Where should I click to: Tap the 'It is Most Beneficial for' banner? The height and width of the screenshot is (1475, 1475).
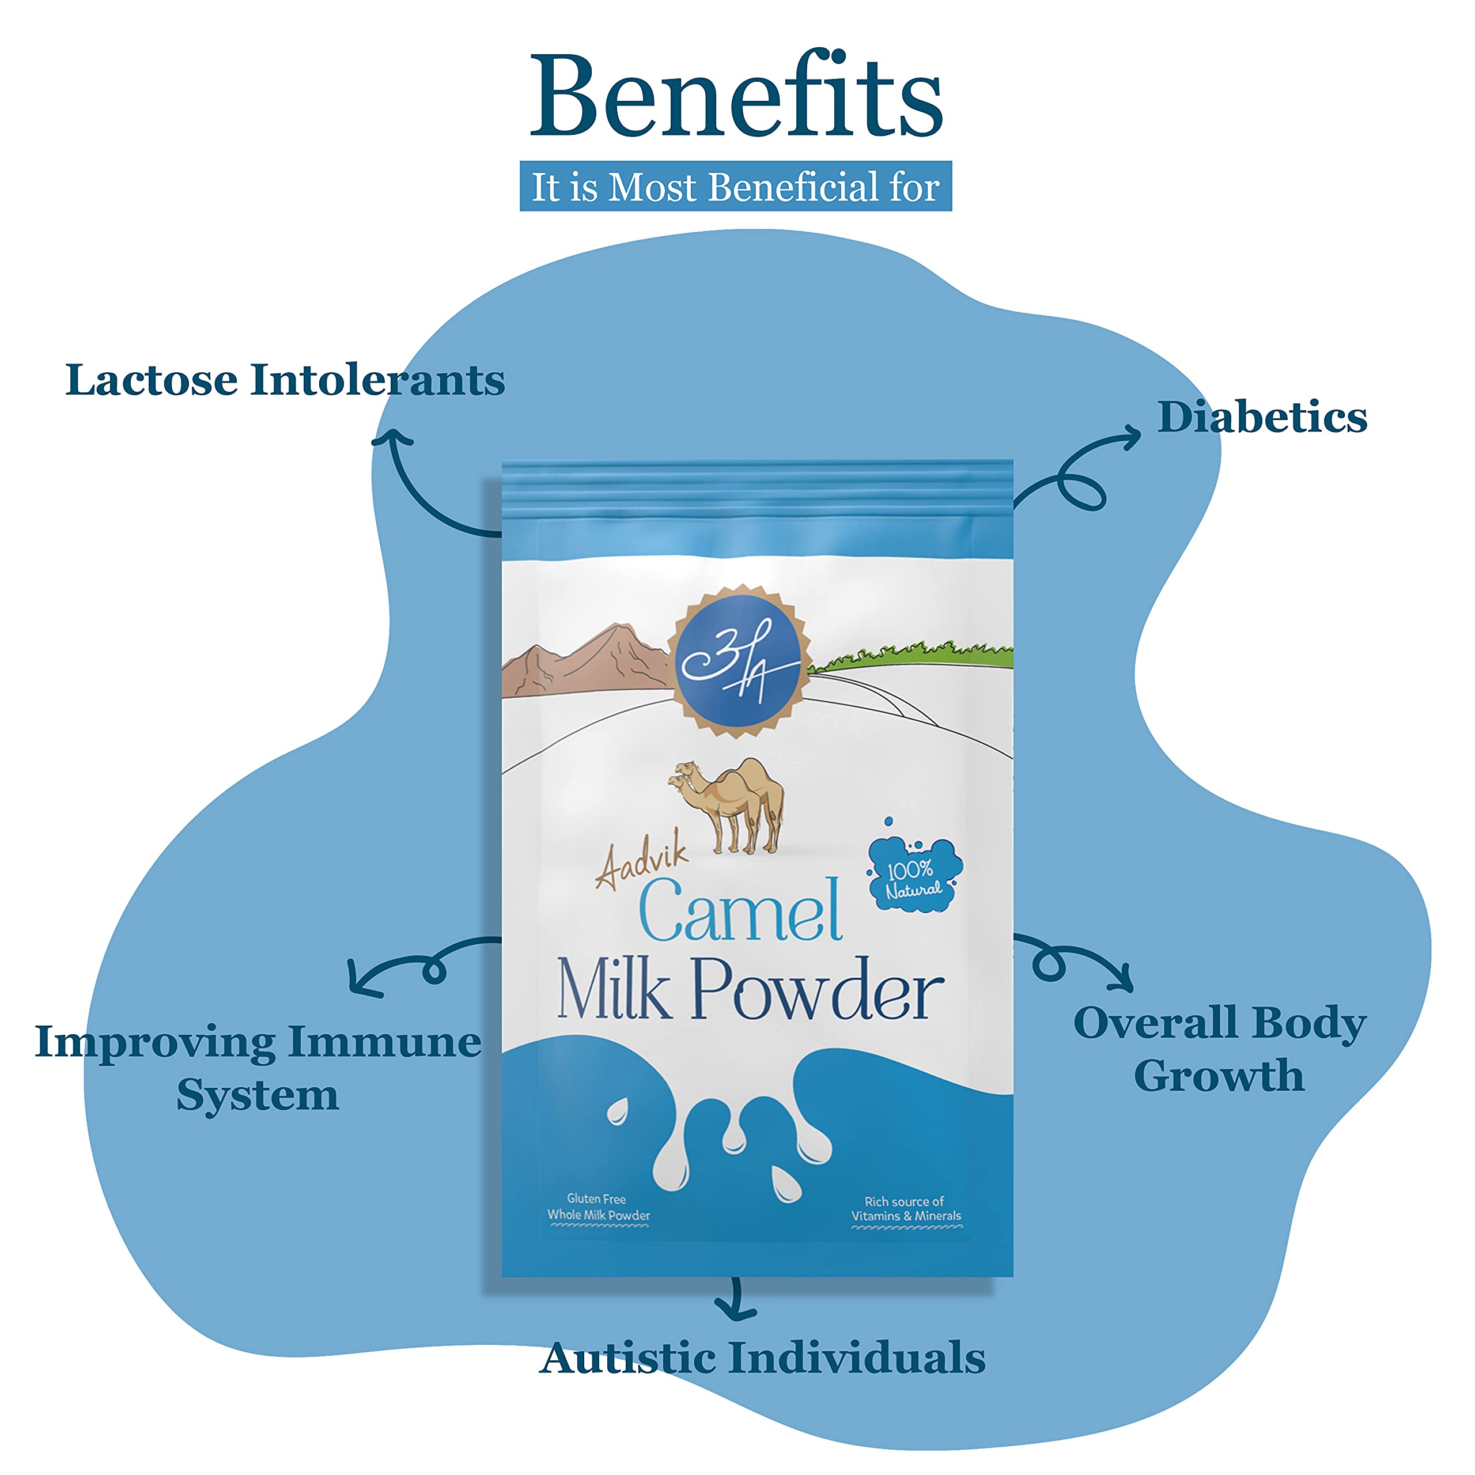[x=735, y=186]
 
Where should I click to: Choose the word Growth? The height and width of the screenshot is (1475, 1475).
[x=1219, y=1076]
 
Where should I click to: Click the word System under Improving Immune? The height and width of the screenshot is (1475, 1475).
[x=258, y=1095]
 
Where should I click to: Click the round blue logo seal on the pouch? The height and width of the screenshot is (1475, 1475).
[x=738, y=660]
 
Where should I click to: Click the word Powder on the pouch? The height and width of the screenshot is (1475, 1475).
[x=817, y=990]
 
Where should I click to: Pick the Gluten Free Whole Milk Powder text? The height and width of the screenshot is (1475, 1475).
[x=598, y=1207]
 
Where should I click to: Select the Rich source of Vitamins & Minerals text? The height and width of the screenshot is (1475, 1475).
[x=906, y=1209]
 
